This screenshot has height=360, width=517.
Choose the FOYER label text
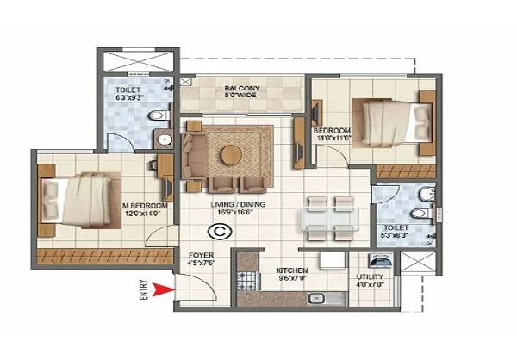[x=201, y=256]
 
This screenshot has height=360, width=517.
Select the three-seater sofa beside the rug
[x=194, y=153]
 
